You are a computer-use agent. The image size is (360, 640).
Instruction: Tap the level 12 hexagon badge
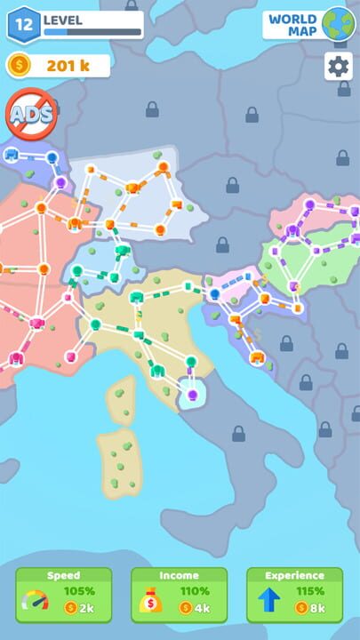click(24, 25)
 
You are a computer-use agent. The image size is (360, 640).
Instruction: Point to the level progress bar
click(92, 32)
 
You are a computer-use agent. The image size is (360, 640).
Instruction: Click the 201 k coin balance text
click(67, 65)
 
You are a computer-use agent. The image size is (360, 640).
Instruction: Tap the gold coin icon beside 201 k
click(19, 65)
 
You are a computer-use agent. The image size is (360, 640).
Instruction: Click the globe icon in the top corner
click(338, 24)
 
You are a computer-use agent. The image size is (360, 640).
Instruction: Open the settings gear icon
click(338, 66)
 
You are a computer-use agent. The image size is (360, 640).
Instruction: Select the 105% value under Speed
click(78, 590)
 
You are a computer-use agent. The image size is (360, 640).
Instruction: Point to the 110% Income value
click(194, 590)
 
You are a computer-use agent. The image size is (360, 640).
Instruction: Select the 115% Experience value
click(309, 590)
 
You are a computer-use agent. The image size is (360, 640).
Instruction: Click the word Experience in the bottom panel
click(294, 575)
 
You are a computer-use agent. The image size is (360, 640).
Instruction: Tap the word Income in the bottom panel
click(179, 575)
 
